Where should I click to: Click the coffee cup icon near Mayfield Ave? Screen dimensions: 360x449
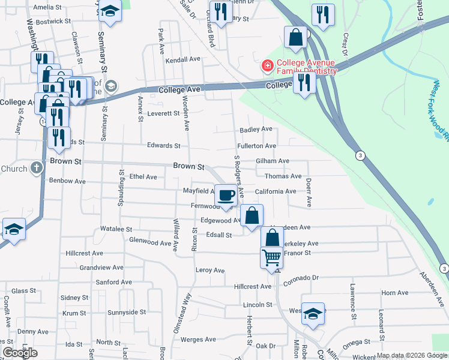226,195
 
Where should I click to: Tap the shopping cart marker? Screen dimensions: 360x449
271,257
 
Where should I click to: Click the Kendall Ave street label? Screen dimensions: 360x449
182,60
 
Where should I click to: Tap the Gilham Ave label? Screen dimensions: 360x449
273,161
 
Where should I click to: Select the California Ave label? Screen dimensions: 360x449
275,191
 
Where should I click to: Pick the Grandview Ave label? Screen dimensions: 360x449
101,268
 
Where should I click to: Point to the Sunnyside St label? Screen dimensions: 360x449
126,313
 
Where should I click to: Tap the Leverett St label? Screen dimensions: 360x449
163,113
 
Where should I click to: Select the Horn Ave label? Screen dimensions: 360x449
394,293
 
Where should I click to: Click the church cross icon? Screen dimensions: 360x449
36,167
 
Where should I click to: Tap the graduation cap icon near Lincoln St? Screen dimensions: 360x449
313,314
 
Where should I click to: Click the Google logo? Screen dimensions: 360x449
20,353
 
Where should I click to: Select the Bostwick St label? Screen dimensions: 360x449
53,21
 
